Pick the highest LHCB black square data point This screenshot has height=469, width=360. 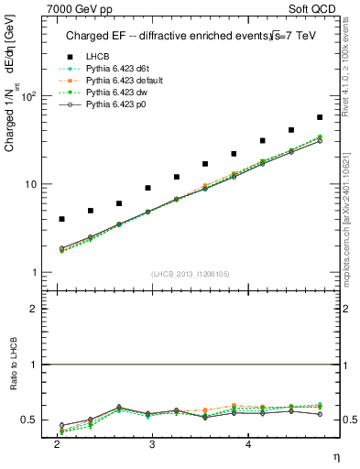click(320, 117)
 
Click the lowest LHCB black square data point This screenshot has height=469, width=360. click(61, 219)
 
